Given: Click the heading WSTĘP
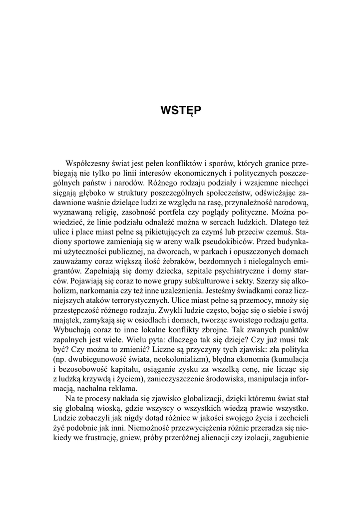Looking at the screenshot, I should pyautogui.click(x=180, y=110).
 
